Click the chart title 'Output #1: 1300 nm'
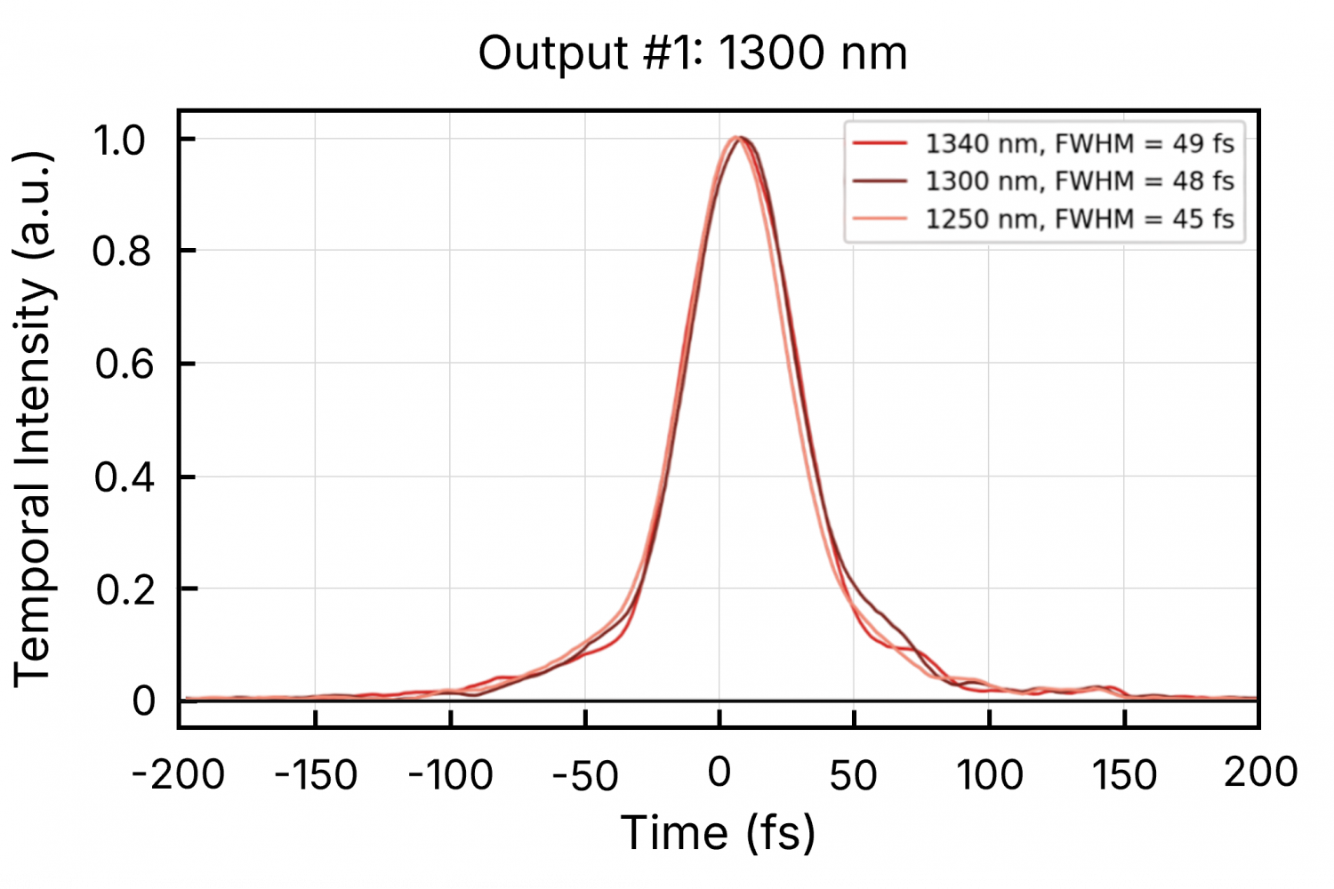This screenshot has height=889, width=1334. [693, 53]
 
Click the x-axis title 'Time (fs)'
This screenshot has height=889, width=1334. [718, 834]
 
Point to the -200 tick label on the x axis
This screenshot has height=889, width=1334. [178, 775]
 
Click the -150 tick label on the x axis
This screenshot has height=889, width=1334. [316, 775]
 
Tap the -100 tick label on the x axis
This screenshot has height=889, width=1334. [450, 775]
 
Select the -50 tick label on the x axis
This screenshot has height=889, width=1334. [585, 775]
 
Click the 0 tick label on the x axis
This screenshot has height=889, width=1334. [719, 773]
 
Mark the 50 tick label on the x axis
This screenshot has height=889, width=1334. [854, 775]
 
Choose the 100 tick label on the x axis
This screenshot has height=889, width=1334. [989, 775]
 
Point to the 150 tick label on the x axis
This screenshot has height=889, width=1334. [1124, 775]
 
